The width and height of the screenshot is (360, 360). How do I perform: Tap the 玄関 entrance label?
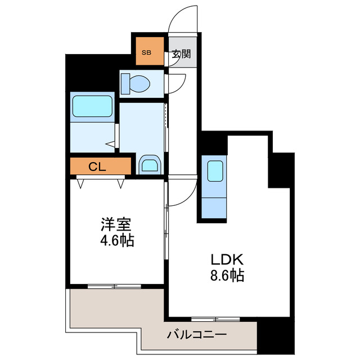point(181,54)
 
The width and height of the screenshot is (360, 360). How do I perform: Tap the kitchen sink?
point(215,170)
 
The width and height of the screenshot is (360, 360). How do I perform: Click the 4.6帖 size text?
point(117,241)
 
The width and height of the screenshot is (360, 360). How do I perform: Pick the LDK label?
point(226,260)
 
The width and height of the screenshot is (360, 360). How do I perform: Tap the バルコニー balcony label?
point(196,335)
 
